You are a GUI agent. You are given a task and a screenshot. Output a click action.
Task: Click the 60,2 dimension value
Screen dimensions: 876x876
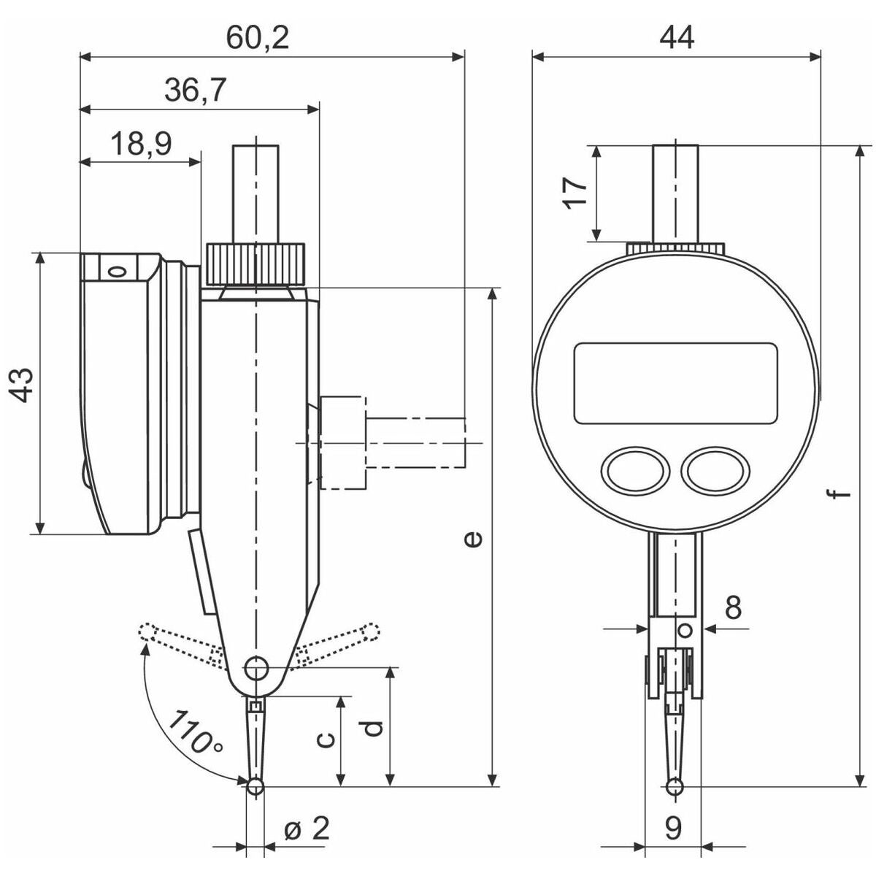click(257, 38)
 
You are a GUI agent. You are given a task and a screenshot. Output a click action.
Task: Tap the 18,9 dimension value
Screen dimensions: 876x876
click(142, 144)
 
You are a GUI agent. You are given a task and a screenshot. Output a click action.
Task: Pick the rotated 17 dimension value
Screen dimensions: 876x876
click(575, 193)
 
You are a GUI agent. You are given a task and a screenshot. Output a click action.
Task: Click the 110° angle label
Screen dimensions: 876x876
click(195, 731)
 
